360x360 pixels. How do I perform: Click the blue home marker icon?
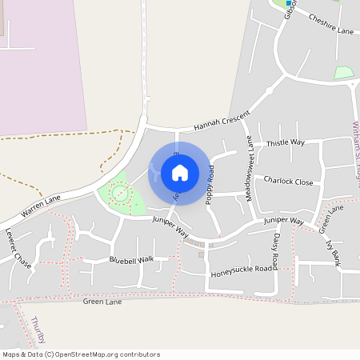coord(180,172)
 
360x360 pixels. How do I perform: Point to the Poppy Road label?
coord(210,185)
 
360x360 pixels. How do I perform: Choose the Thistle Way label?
coord(286,142)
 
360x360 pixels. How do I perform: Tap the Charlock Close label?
coord(288,182)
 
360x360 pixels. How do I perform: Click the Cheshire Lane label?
coord(330,25)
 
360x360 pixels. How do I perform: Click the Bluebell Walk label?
coord(131,260)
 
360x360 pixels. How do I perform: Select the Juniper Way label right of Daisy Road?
coord(284,220)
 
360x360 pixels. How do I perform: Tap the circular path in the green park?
coord(120,194)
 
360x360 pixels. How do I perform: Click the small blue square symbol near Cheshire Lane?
coord(289,3)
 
